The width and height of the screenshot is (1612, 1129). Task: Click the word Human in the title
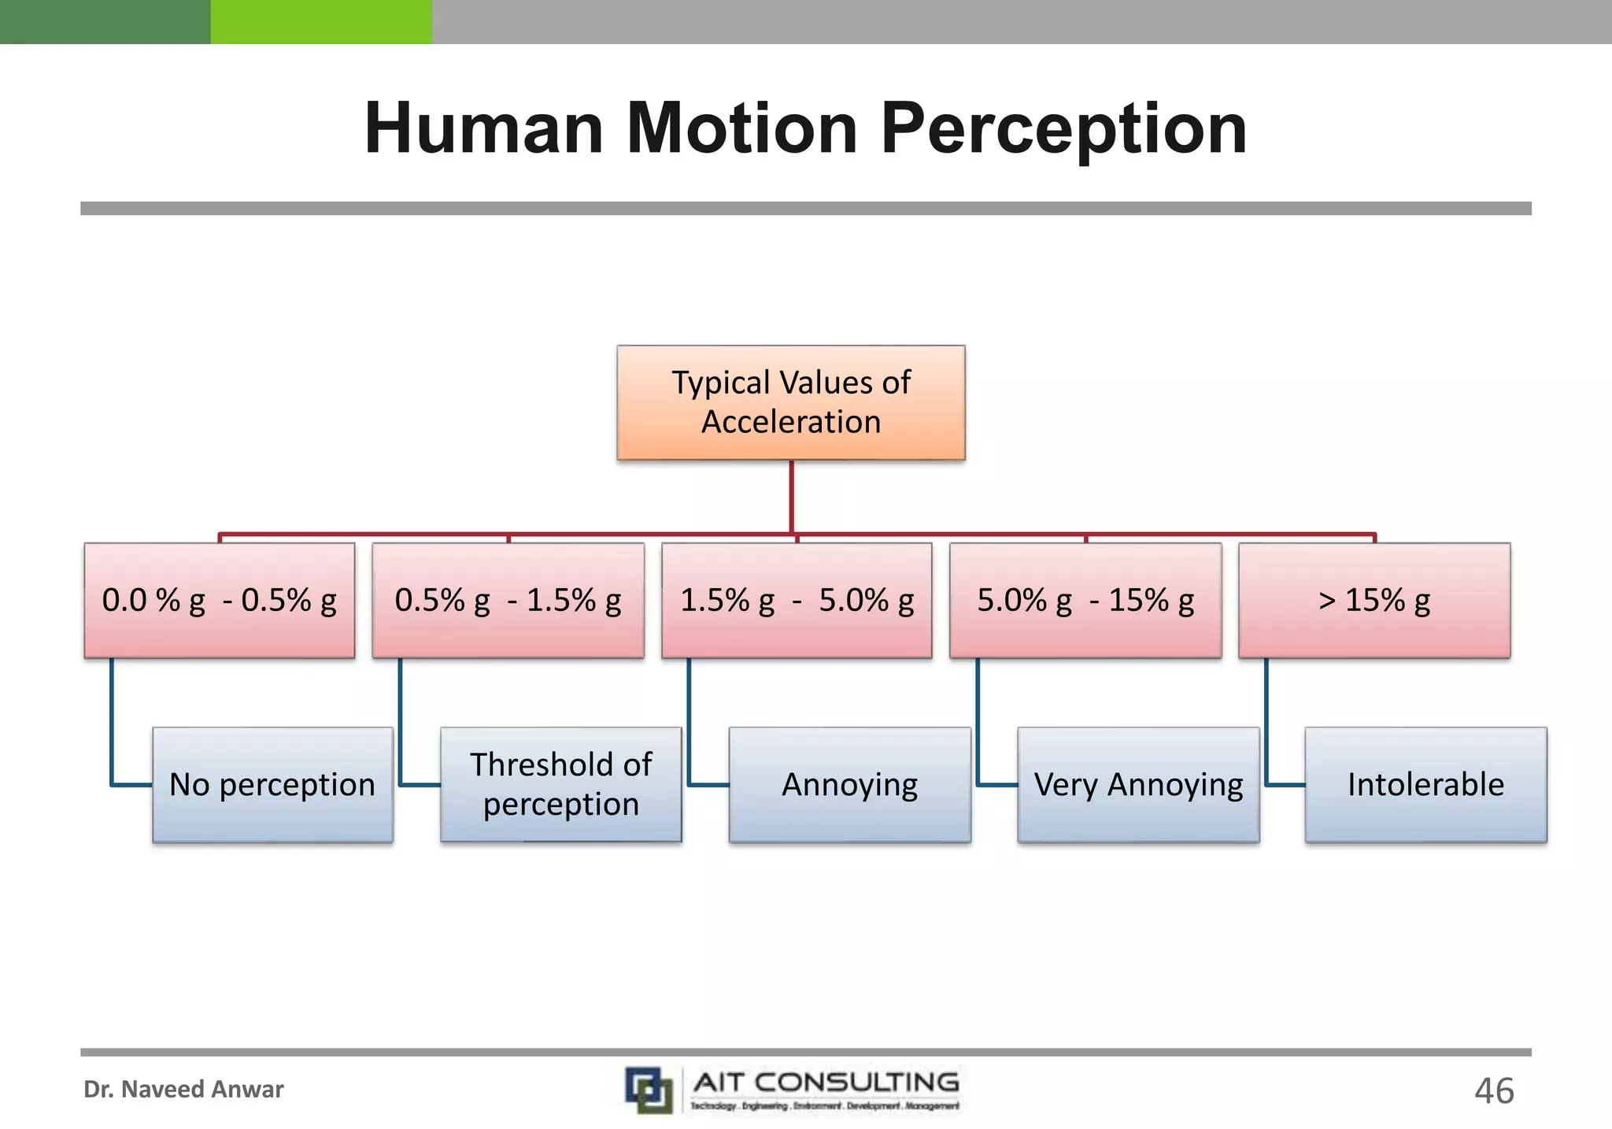point(483,128)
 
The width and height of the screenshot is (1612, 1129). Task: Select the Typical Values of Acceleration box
point(790,402)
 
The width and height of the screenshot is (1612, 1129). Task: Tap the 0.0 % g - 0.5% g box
point(219,600)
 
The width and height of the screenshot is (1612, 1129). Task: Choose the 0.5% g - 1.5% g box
point(508,600)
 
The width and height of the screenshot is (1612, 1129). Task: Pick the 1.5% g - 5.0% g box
point(797,600)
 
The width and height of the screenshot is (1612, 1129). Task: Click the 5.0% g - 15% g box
point(1085,600)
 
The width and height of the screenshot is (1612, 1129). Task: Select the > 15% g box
point(1374,600)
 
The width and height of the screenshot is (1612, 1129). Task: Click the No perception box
point(272,785)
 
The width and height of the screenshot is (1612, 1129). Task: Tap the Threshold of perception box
point(560,785)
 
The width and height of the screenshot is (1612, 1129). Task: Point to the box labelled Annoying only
point(849,785)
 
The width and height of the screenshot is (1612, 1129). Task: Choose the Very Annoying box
point(1138,785)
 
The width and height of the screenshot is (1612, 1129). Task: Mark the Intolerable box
point(1425,785)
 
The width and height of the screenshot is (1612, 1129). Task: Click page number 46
point(1493,1091)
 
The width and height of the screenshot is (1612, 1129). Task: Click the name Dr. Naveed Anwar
point(183,1090)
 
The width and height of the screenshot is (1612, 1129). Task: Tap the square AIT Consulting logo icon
point(649,1090)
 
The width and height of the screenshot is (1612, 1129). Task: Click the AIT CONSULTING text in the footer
point(826,1083)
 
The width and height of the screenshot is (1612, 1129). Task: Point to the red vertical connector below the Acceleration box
point(791,496)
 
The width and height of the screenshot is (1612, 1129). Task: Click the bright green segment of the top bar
point(321,21)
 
